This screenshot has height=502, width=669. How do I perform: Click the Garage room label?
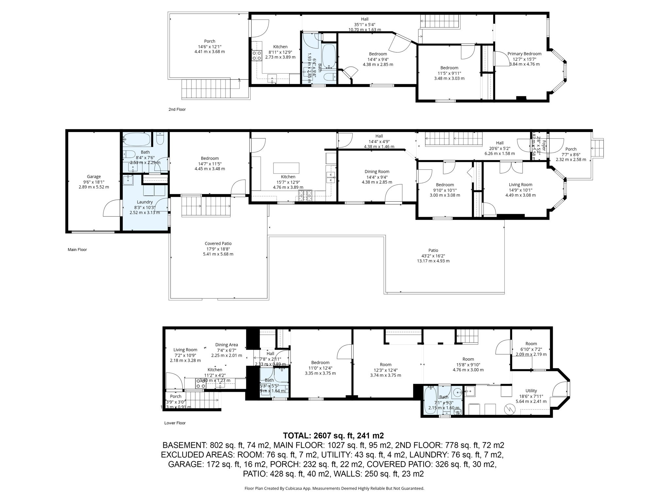click(94, 176)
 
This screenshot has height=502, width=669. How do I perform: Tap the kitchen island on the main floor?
click(286, 168)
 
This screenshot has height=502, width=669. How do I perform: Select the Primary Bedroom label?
click(524, 54)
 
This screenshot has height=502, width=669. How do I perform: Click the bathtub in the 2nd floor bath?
click(329, 57)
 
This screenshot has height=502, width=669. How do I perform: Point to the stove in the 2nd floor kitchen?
click(256, 56)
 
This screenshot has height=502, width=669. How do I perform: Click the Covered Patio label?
click(218, 243)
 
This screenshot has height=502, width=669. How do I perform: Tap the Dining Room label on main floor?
click(377, 172)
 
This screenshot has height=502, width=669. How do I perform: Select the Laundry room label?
click(145, 202)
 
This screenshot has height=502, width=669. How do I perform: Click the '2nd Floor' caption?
click(177, 109)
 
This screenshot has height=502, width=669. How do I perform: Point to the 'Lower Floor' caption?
click(175, 423)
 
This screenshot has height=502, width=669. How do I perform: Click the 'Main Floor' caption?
click(77, 250)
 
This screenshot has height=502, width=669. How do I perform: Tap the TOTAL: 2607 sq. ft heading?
click(333, 436)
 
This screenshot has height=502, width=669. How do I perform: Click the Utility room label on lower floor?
click(531, 391)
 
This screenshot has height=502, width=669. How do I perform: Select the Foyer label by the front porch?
click(544, 146)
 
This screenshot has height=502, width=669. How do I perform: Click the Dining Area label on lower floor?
click(226, 345)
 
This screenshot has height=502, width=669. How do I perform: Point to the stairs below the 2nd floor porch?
click(206, 89)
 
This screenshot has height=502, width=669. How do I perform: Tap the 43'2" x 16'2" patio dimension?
click(433, 256)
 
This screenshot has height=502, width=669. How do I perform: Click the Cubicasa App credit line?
click(334, 489)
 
